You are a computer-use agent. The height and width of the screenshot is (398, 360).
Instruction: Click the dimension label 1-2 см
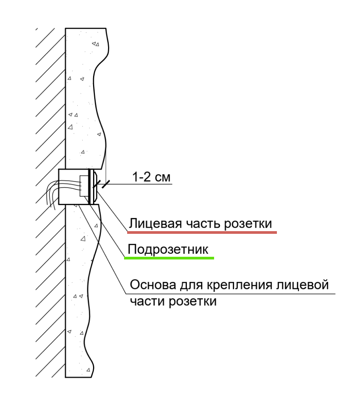coord(151,177)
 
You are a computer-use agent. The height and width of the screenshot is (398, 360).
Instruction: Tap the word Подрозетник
coord(168,250)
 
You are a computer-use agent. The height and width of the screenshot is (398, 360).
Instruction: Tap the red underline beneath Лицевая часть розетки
coord(202,232)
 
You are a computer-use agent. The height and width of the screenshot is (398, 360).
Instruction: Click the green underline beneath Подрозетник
coord(169,258)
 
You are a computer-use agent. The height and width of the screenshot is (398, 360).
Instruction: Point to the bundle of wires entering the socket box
coord(50,193)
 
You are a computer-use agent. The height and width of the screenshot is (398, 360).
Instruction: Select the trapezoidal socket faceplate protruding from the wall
coord(95,186)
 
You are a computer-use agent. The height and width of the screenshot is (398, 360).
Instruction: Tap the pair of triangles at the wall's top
coord(96,44)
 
